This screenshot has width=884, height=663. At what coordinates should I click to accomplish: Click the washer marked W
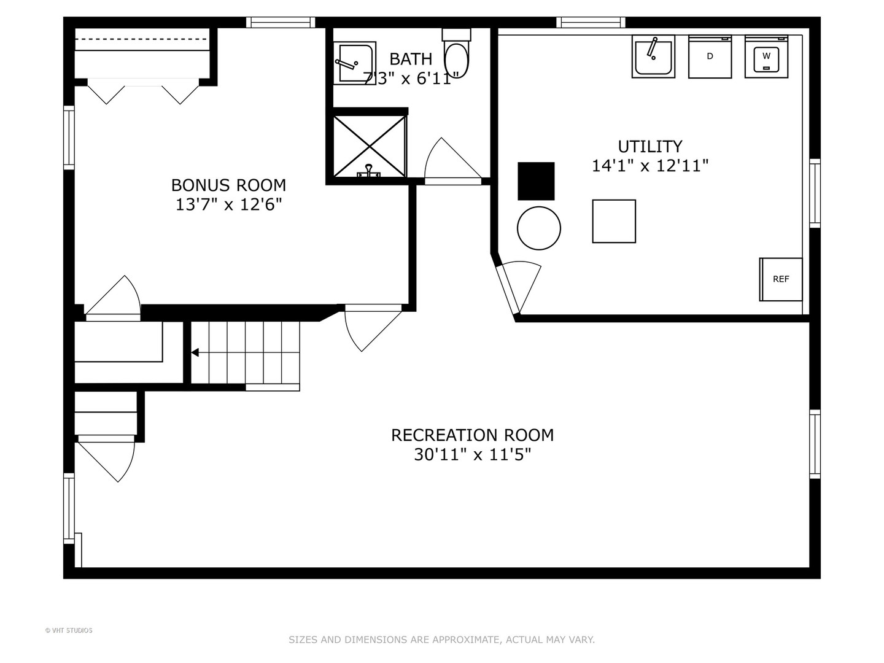point(766,56)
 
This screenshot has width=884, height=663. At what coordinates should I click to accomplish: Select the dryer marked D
point(710,56)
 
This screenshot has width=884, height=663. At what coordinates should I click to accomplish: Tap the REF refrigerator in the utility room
point(780,279)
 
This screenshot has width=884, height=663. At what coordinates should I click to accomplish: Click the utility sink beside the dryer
point(653,56)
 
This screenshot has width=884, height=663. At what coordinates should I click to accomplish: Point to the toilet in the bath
point(456,53)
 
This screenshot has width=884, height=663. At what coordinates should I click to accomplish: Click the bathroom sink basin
point(354,63)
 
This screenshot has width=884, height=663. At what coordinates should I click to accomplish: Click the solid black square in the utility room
point(536,181)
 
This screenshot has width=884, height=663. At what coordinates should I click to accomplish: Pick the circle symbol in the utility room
point(539,228)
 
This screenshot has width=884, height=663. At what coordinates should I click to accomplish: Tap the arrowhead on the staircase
point(195,352)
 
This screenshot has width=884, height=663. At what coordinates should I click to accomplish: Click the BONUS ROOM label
point(228,185)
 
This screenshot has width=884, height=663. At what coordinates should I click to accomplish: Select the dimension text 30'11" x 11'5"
point(473,455)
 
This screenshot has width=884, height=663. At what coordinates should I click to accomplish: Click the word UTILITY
point(650,147)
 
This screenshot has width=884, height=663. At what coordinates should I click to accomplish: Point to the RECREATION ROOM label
point(473,435)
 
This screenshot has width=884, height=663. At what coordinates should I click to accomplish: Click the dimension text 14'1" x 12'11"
point(649,166)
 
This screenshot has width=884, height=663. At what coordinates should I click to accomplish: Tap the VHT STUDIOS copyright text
point(69,630)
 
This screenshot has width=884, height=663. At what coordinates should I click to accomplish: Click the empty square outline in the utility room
point(614,222)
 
